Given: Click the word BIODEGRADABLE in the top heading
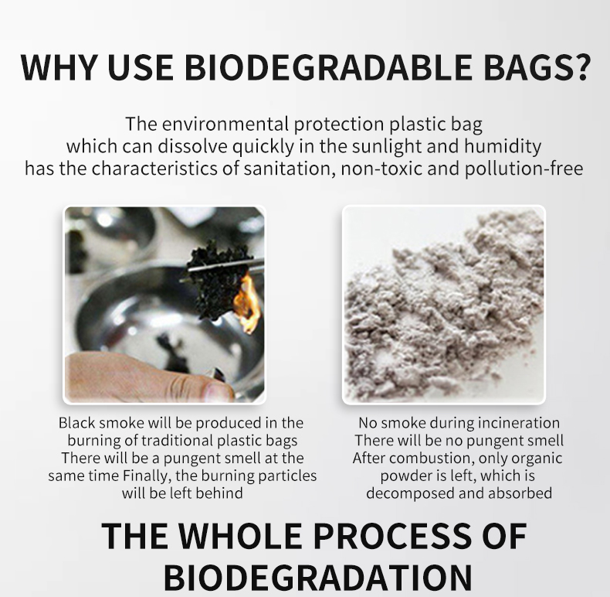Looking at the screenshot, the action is tap(328, 67).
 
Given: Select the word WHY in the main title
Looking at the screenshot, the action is tap(59, 67).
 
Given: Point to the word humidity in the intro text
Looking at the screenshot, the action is tap(502, 146).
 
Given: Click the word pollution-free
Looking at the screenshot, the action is tap(524, 169).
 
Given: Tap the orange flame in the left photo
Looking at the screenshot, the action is tap(248, 303).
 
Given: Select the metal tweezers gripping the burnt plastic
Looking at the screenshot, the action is tap(225, 265).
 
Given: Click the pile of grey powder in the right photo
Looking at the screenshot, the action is tap(443, 308).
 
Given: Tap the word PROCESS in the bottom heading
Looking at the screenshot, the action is tap(392, 536).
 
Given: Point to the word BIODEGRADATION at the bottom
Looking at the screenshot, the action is tap(318, 577).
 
